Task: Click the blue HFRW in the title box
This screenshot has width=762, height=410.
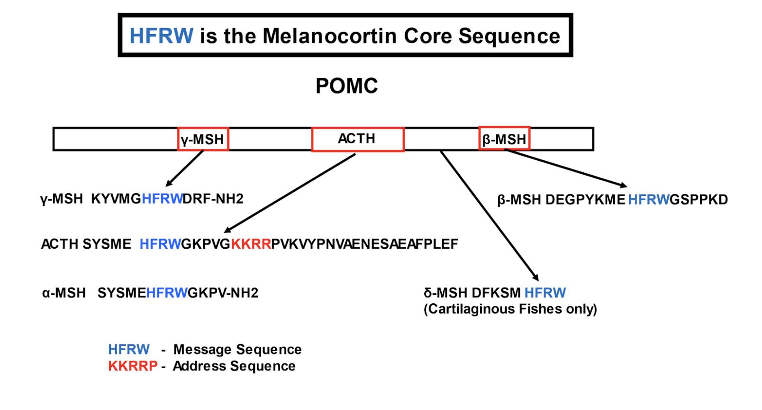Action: tap(161, 36)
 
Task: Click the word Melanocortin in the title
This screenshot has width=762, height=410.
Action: tap(330, 36)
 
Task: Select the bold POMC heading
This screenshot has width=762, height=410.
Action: tap(346, 86)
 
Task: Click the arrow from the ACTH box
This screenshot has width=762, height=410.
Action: tap(290, 193)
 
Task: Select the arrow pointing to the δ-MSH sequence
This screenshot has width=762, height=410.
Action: tap(490, 216)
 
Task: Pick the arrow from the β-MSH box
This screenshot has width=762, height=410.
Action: tap(566, 168)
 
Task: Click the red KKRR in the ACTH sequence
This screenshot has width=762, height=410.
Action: tap(251, 244)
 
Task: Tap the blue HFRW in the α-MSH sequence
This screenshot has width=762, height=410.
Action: tap(167, 293)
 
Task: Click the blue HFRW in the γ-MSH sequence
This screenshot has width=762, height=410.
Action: tap(162, 199)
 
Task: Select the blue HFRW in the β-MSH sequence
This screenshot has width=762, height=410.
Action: tap(648, 200)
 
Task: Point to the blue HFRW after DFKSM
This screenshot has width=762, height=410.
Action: tap(545, 293)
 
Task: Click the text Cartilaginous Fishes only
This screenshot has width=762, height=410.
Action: tap(510, 309)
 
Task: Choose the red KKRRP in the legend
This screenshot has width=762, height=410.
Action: tap(133, 366)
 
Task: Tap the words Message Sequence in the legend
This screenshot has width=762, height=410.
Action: tap(237, 350)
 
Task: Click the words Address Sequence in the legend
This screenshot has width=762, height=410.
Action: tap(234, 366)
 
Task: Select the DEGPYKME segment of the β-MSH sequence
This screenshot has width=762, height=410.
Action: tap(585, 200)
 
